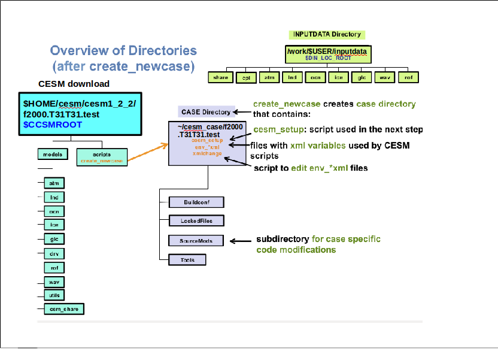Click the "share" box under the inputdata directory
pyautogui.click(x=220, y=77)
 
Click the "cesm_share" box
pyautogui.click(x=63, y=309)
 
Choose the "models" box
pyautogui.click(x=53, y=155)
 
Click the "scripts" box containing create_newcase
pyautogui.click(x=102, y=157)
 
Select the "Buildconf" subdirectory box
pyautogui.click(x=196, y=201)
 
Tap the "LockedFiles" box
pyautogui.click(x=196, y=220)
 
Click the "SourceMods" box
pyautogui.click(x=196, y=240)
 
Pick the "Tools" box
pyautogui.click(x=187, y=260)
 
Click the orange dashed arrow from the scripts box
pyautogui.click(x=147, y=154)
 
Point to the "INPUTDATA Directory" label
pyautogui.click(x=326, y=35)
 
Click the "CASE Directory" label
pyautogui.click(x=205, y=112)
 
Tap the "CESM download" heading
pyautogui.click(x=74, y=84)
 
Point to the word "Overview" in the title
pyautogui.click(x=80, y=51)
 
